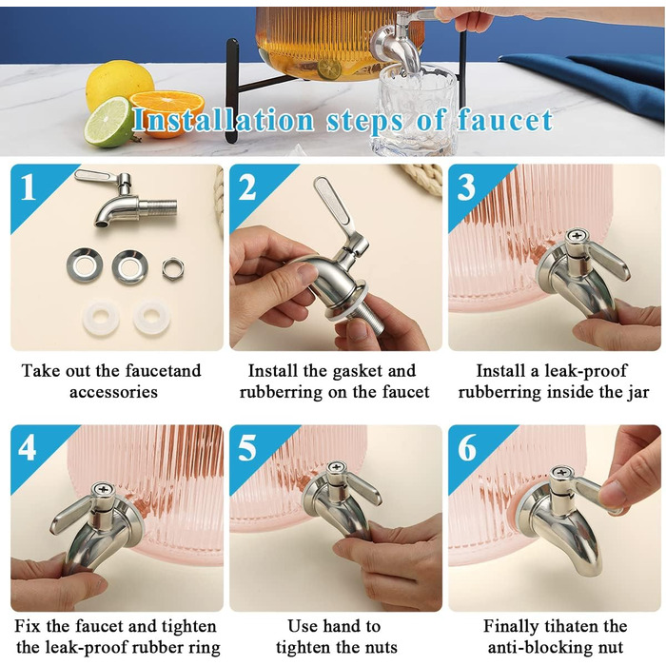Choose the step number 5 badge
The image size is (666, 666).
(247, 448)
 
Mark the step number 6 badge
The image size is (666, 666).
(467, 448)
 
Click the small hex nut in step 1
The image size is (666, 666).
(173, 268)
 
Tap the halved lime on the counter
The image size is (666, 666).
(109, 122)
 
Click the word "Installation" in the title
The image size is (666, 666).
(224, 121)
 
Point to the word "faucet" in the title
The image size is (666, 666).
(505, 121)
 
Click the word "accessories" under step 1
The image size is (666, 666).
(113, 392)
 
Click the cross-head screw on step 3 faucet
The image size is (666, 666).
(577, 235)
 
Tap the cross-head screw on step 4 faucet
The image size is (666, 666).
(103, 489)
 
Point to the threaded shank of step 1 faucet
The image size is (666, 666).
(157, 206)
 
